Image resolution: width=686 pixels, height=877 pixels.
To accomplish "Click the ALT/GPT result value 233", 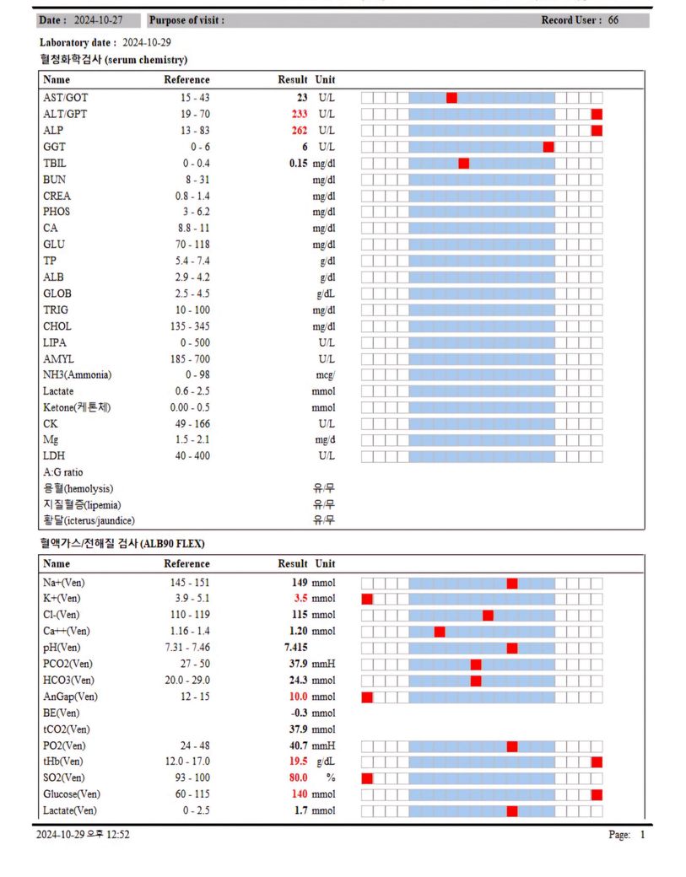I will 299,114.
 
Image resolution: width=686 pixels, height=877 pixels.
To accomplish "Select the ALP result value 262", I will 299,131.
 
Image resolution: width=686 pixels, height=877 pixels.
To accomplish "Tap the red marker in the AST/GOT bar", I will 451,98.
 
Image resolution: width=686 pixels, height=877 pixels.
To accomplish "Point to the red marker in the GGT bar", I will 548,147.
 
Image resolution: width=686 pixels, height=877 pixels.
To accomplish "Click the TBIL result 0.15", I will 298,163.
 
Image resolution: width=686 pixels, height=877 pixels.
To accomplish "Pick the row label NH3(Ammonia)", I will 77,374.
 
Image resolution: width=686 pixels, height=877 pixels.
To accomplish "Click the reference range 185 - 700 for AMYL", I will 187,358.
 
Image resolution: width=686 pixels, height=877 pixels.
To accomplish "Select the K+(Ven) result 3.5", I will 300,599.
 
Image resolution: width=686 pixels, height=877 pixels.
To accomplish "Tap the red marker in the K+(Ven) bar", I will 367,599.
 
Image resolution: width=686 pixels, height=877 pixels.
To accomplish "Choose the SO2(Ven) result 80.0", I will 299,778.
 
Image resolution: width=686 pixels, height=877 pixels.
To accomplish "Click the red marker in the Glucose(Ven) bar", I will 597,794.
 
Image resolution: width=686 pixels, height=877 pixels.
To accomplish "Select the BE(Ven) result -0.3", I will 299,713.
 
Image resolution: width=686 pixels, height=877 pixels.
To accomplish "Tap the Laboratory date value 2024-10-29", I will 148,42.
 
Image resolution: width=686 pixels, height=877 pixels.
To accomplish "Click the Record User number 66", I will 613,20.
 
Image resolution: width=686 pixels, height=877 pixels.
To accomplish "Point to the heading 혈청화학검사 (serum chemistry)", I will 113,60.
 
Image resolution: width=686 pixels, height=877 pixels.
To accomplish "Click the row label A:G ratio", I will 63,472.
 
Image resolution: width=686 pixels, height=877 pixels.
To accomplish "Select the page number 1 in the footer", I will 642,835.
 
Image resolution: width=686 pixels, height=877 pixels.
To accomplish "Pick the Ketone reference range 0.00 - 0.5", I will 187,407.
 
